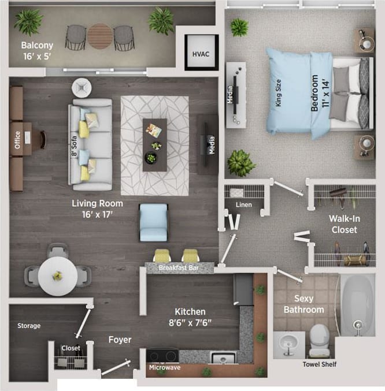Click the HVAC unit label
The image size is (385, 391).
coord(201,54)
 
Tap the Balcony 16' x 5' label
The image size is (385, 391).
coord(38,50)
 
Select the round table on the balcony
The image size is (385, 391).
coord(100,36)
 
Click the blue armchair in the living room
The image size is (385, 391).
coord(154,222)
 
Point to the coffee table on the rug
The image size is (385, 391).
coord(154,144)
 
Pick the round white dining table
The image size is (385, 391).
coord(58,275)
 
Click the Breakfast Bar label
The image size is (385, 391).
coord(179,268)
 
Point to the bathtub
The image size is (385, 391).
coord(358,303)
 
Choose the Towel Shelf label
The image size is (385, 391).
coord(320,364)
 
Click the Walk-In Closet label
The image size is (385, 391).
coord(343,224)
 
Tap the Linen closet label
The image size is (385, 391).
coord(243,204)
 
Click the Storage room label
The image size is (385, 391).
coord(29,326)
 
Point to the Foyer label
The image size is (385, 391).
coord(120,340)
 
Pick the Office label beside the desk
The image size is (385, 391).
coord(17,139)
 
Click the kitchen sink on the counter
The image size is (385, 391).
coord(223,358)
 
